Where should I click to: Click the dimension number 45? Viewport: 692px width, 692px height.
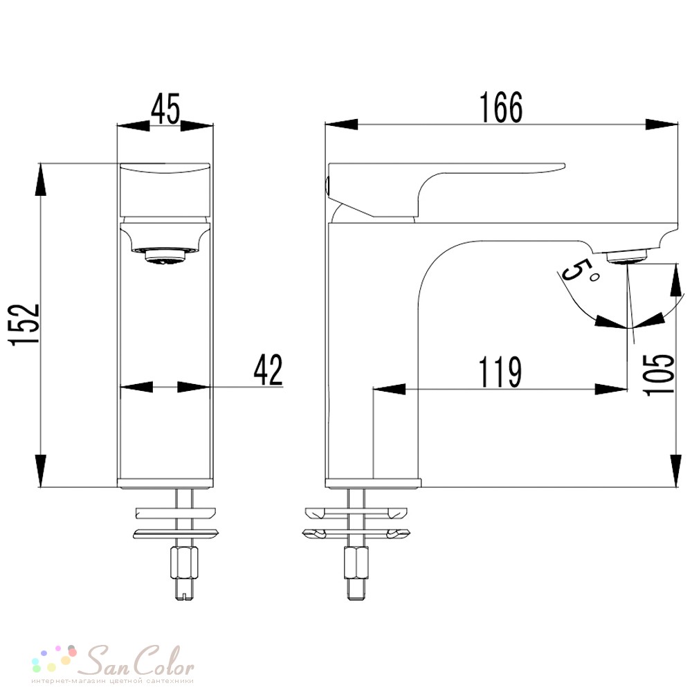pyautogui.click(x=165, y=109)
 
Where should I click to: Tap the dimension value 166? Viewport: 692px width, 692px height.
pyautogui.click(x=501, y=107)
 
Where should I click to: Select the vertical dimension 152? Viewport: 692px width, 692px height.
pyautogui.click(x=24, y=325)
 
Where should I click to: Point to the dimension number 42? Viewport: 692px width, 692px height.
pyautogui.click(x=268, y=370)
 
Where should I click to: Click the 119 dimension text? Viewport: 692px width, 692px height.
pyautogui.click(x=500, y=372)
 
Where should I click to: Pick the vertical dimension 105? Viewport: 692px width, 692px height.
pyautogui.click(x=659, y=374)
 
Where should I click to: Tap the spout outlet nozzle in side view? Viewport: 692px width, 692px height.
pyautogui.click(x=627, y=255)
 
